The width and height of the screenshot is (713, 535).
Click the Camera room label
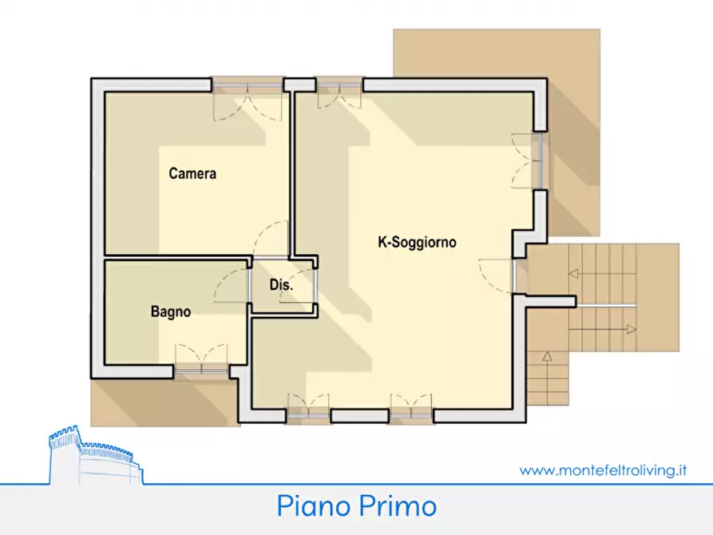[x=192, y=173]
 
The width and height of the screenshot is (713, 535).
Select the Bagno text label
[x=171, y=312]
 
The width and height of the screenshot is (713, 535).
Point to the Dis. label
[x=280, y=285]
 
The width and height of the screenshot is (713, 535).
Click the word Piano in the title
[x=315, y=505]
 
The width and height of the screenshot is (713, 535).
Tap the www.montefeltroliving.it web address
[x=603, y=470]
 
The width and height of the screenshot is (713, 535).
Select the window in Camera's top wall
[x=248, y=84]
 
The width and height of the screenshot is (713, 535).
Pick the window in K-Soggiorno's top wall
[x=339, y=84]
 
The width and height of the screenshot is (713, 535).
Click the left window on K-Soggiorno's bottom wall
[x=308, y=414]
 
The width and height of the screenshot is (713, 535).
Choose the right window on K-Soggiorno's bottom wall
[x=411, y=414]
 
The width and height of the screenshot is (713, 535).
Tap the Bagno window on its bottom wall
[x=201, y=368]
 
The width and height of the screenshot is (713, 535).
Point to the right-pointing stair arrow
[x=631, y=329]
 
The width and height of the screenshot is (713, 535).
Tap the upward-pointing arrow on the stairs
[x=547, y=355]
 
